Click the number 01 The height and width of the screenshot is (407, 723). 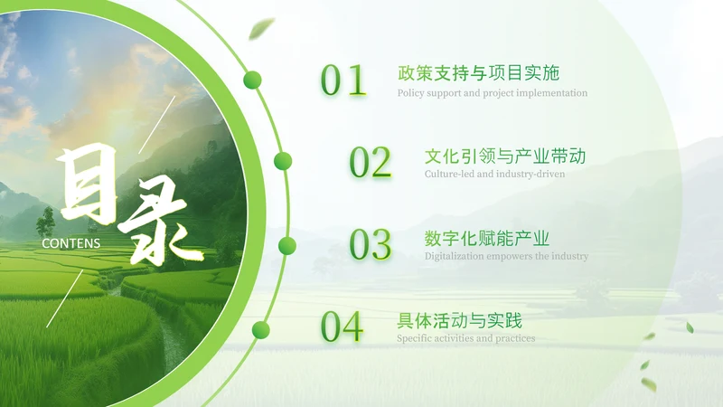[343, 80]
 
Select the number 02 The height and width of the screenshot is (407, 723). [371, 163]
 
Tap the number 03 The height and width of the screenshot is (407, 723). [371, 245]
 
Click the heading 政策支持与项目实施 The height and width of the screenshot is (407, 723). [478, 73]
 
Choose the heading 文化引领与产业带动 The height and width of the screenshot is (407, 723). [505, 156]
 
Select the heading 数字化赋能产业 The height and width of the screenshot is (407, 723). [487, 238]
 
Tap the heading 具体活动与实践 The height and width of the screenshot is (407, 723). [460, 320]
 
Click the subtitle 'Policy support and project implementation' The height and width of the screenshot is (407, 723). [493, 92]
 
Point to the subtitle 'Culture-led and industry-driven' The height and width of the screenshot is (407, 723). [494, 174]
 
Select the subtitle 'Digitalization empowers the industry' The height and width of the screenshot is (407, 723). [506, 256]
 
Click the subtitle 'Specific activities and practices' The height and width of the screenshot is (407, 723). [465, 338]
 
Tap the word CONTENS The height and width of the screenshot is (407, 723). [71, 243]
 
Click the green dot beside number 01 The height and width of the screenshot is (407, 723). [253, 80]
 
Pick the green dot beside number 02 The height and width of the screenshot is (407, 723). [283, 161]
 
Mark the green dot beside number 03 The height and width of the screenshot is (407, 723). [287, 245]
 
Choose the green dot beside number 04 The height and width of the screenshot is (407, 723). [260, 328]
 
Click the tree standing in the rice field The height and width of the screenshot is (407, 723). [45, 221]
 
